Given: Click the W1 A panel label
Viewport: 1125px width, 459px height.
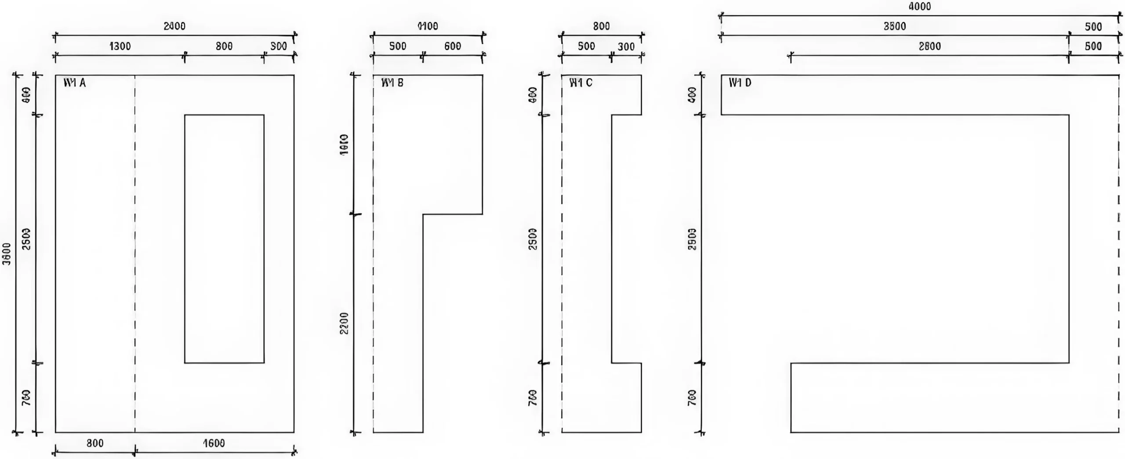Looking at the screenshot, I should pos(75,83).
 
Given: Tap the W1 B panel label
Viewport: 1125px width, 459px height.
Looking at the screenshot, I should pos(392,83).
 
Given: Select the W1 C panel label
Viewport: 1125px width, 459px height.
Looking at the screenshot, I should pos(581,83).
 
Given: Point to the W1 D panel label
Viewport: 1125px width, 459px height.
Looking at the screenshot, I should pos(740,83).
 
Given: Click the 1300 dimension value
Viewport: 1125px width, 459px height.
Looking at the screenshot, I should pos(120,46).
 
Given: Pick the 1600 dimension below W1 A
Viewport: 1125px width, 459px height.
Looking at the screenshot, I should pos(214,443).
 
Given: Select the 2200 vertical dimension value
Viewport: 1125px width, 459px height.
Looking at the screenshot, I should pos(345,323).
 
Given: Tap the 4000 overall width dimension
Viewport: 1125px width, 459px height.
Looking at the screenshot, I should pos(920,7).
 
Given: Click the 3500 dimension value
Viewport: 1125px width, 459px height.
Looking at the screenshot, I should pos(895,26).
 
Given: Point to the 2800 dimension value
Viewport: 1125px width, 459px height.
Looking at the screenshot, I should pos(929,46).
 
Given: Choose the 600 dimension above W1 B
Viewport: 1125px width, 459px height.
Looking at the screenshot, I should pos(453,46).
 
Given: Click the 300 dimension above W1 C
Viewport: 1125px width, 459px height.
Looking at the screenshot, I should pos(626,47).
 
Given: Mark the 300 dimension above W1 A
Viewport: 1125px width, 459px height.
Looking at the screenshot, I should pos(279,46).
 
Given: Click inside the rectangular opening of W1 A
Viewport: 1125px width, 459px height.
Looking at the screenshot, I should pos(224,239).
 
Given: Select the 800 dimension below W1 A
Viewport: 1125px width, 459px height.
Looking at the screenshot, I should pos(95,443).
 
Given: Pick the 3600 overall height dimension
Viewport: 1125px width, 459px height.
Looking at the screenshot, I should pos(7,254).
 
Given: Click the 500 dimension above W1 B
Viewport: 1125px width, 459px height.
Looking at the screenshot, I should pos(398,46).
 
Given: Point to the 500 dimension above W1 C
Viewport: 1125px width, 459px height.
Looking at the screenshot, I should pos(586,46).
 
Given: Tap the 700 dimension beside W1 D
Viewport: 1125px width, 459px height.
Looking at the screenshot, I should pos(692,398).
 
